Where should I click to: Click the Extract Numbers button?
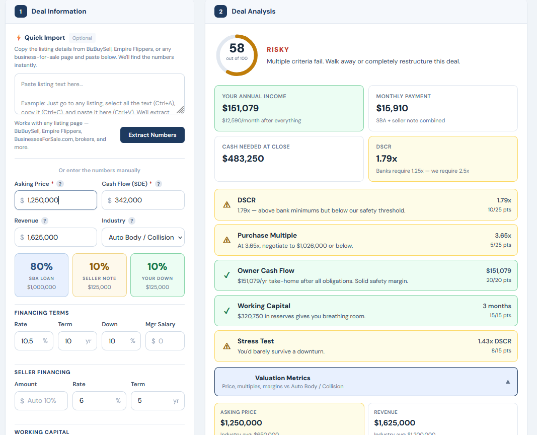coord(152,135)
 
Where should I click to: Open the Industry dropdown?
coord(143,237)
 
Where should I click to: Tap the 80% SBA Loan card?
coord(41,275)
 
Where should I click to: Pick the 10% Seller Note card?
coord(99,275)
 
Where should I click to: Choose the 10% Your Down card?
coord(157,275)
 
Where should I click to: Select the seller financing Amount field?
coord(41,401)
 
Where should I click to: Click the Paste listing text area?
coord(99,94)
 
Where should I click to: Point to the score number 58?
coord(237,48)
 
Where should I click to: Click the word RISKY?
coord(278,49)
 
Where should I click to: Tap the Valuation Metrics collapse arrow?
coord(508,382)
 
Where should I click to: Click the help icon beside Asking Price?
coord(60,184)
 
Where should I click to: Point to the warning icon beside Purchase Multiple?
coord(227,240)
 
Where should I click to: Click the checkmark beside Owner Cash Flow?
coord(227,275)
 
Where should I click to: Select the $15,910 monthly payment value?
coord(392,108)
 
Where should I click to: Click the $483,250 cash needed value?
coord(243,159)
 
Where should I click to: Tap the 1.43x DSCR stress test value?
coord(494,341)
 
